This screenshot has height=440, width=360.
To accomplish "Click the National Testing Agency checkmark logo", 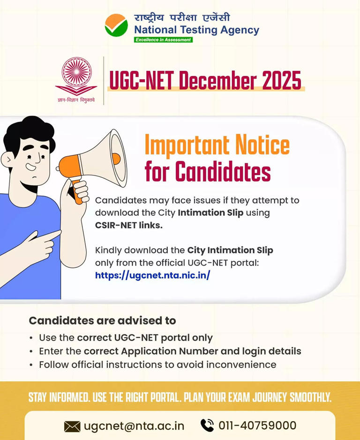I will (x=116, y=25).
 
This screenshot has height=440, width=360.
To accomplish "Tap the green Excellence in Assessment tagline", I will (x=163, y=40).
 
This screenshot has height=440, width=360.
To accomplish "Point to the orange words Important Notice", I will (x=217, y=145).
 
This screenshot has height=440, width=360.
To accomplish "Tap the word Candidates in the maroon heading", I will (x=223, y=172).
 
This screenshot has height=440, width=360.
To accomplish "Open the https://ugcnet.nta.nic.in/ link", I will (x=152, y=275).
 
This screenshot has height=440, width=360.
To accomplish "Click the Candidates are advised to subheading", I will (x=102, y=321).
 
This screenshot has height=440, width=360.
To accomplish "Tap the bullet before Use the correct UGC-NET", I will (x=31, y=338).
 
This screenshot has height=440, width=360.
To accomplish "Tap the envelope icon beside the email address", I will (x=72, y=426).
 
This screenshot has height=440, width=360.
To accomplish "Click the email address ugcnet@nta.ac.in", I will (x=134, y=426).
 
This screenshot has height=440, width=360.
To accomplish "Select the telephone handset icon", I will (x=207, y=425).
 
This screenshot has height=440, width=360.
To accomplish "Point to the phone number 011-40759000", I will (x=257, y=425).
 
